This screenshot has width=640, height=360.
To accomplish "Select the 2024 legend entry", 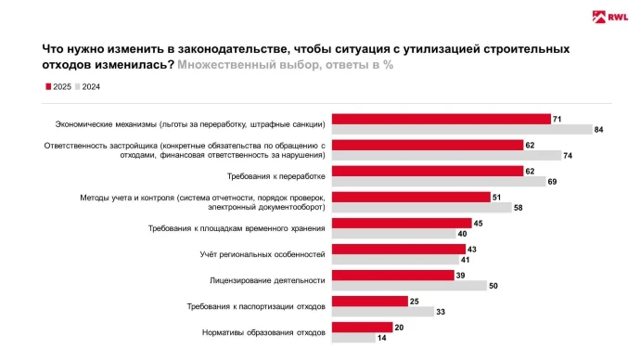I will (x=87, y=87).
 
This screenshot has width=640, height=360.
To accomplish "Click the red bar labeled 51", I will (x=411, y=197).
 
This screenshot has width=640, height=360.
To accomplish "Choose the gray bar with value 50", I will (x=409, y=286).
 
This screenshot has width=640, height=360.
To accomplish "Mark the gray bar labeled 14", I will (x=353, y=338).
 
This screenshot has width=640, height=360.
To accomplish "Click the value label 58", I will (x=518, y=208).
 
